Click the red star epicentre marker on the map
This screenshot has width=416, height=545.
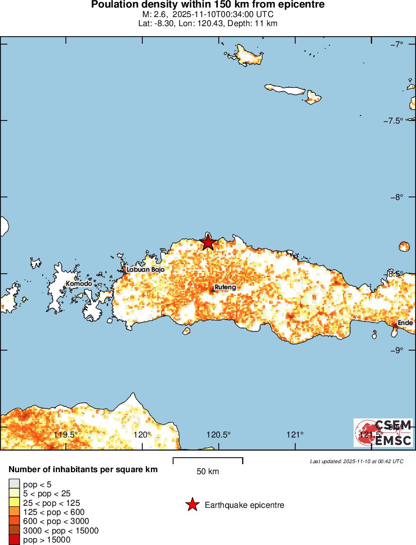[x=208, y=242]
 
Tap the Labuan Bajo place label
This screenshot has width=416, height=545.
[x=145, y=270]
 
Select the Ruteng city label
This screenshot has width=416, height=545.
[x=225, y=288]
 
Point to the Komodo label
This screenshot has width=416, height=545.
[x=79, y=284]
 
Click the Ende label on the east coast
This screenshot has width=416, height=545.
[x=405, y=323]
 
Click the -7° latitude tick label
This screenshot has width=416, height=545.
[x=397, y=44]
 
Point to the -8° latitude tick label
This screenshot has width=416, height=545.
[x=397, y=197]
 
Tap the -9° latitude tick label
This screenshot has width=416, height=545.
[x=397, y=350]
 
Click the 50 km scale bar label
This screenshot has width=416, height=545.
[x=208, y=471]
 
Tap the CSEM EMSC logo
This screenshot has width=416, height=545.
[x=383, y=433]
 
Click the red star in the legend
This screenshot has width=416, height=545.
[x=192, y=505]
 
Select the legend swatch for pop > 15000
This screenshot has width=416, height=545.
[x=14, y=540]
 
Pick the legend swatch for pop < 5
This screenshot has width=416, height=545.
[x=14, y=484]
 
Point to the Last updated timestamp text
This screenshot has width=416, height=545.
[x=357, y=461]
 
